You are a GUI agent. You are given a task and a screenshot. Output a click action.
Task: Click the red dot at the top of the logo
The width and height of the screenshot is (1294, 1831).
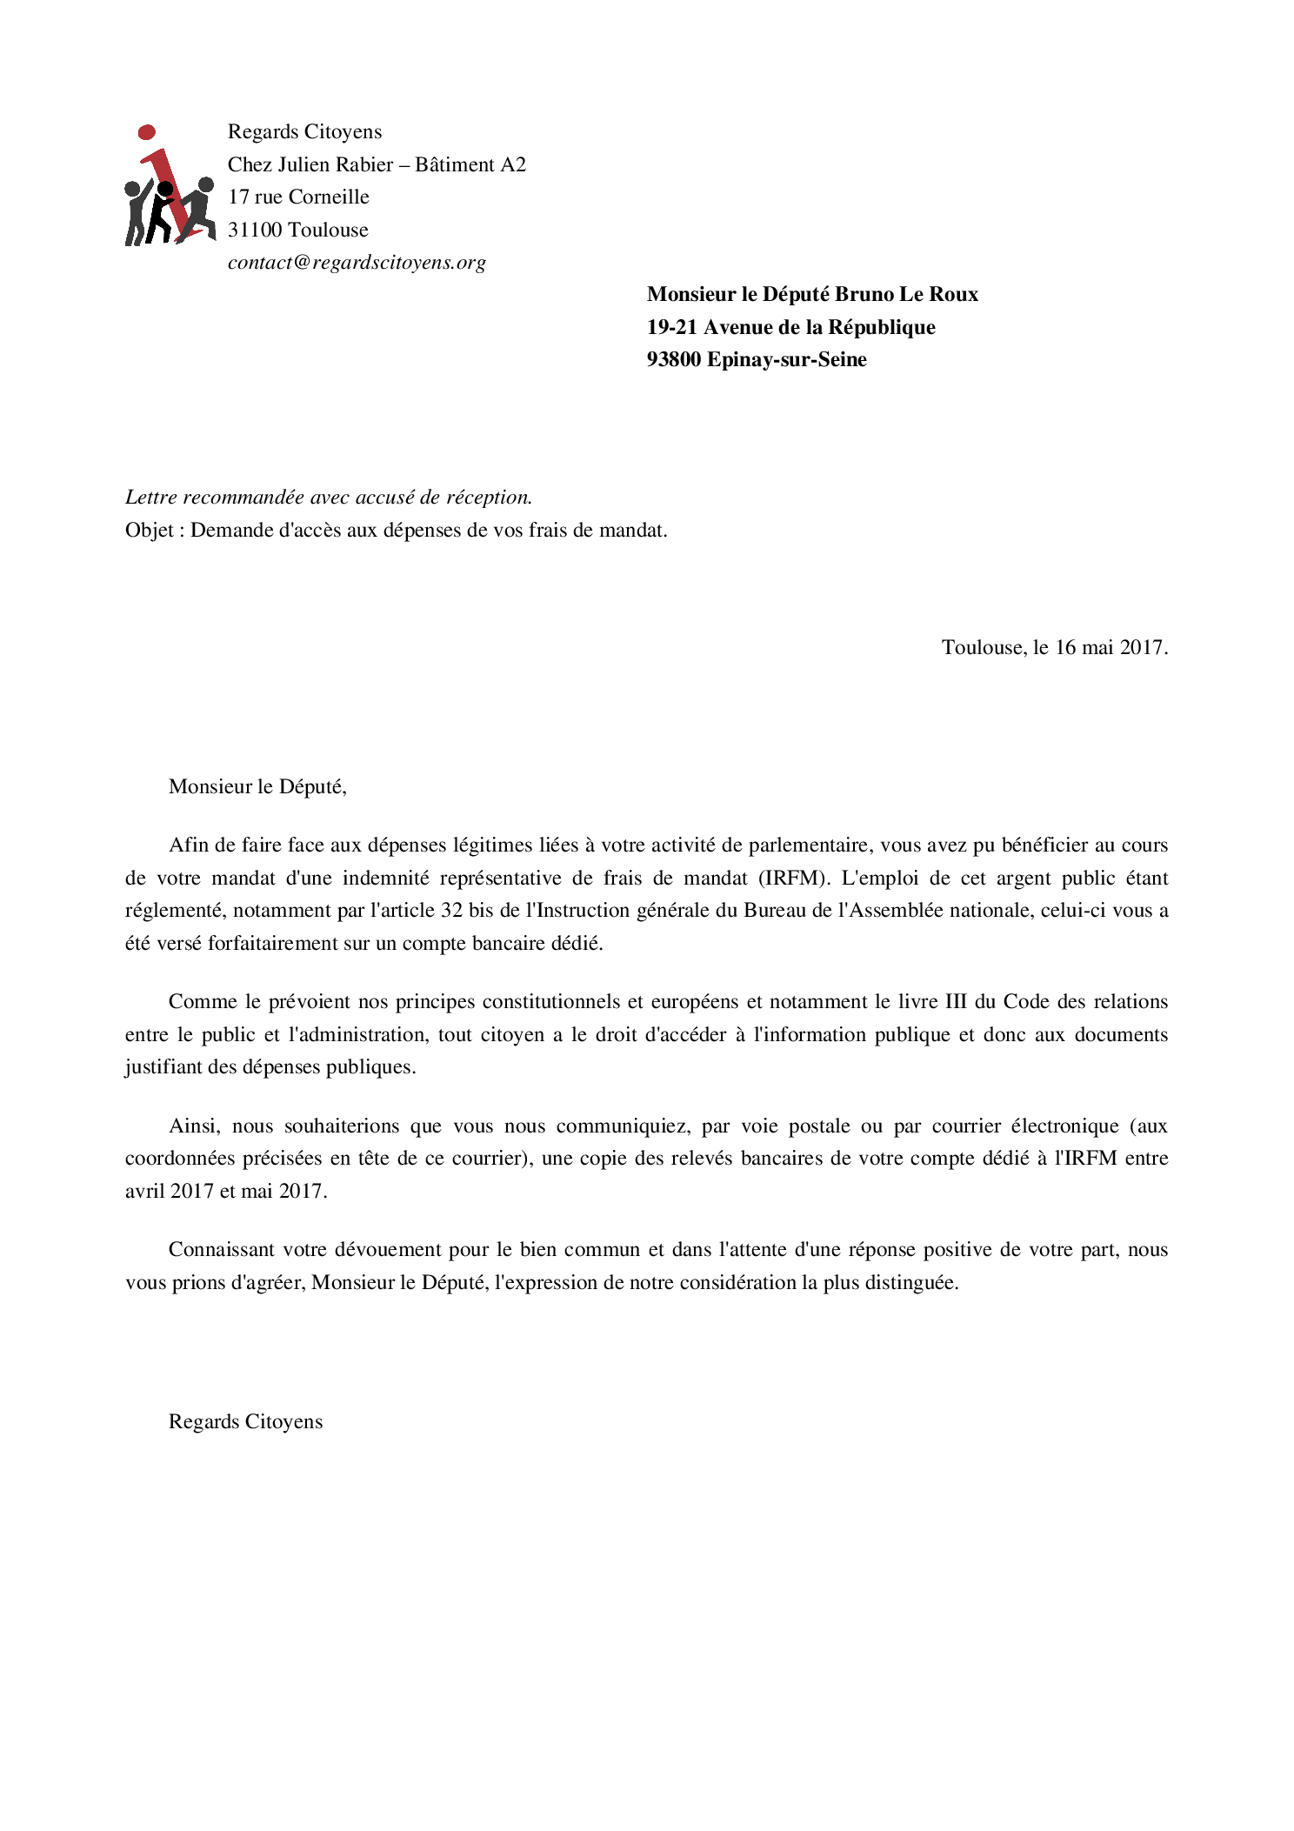coord(147,132)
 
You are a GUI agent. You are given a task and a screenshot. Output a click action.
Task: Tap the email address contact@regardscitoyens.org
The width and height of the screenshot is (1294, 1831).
coord(357,263)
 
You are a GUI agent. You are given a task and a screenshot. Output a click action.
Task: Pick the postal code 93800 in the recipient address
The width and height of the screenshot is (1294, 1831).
coord(673,359)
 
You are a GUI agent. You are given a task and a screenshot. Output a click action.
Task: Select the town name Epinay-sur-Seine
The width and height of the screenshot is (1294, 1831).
coord(786,359)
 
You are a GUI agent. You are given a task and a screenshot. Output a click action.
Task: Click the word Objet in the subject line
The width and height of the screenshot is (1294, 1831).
coord(149,530)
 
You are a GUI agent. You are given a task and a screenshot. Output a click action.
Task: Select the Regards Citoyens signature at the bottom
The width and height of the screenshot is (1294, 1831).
coord(245,1421)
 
